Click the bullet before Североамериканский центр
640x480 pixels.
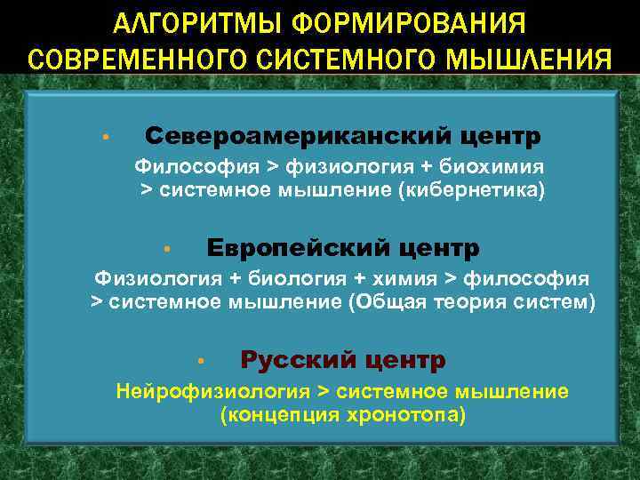[x=105, y=138]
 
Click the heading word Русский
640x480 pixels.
[x=290, y=360]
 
